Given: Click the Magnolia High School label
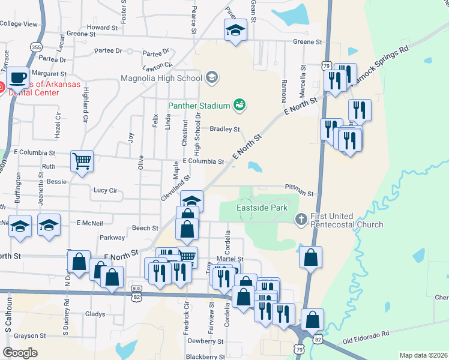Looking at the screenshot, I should coord(161,78).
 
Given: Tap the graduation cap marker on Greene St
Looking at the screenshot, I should coord(235,29).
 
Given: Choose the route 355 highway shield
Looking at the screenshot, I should coord(37,47).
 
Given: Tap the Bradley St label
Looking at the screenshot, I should coord(224,129).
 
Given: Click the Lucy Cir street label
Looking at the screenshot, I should coord(105,190).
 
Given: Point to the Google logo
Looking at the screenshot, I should coord(20,352).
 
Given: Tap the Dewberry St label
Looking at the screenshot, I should coord(205,340).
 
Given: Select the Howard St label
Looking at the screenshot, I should coord(101,28).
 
